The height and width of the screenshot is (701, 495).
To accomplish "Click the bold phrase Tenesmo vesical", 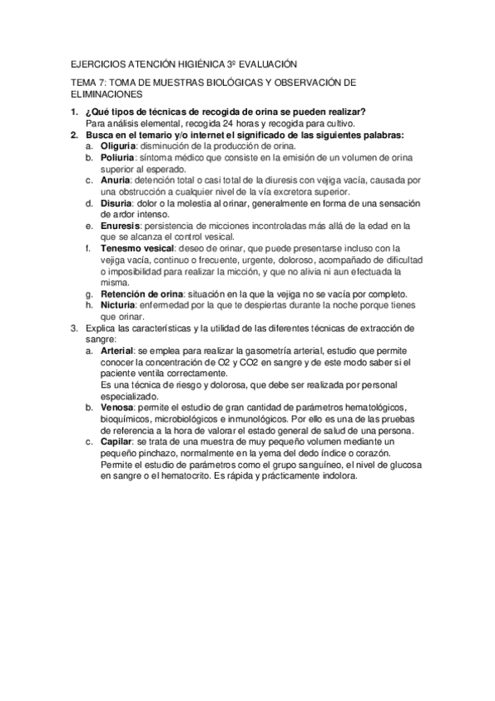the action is pyautogui.click(x=137, y=248).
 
